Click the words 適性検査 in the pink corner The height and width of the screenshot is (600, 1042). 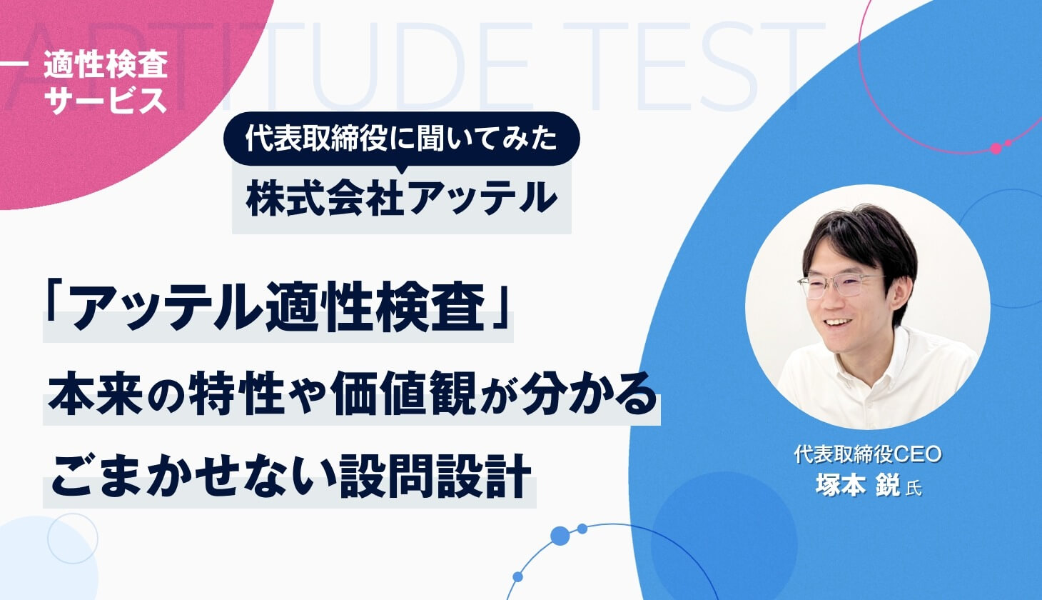(x=106, y=64)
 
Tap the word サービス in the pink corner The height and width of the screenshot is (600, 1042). (x=106, y=99)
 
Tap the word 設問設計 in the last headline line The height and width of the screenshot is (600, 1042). (x=435, y=476)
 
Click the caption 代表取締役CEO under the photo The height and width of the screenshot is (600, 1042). (x=868, y=454)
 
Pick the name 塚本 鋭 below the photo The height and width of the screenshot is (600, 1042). (x=859, y=486)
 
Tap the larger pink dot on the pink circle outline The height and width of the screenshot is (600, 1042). (x=996, y=149)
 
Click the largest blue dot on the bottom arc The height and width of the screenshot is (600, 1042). (x=560, y=536)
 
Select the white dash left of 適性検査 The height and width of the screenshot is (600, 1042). (x=14, y=64)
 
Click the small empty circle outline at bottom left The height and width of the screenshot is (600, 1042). (x=73, y=539)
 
